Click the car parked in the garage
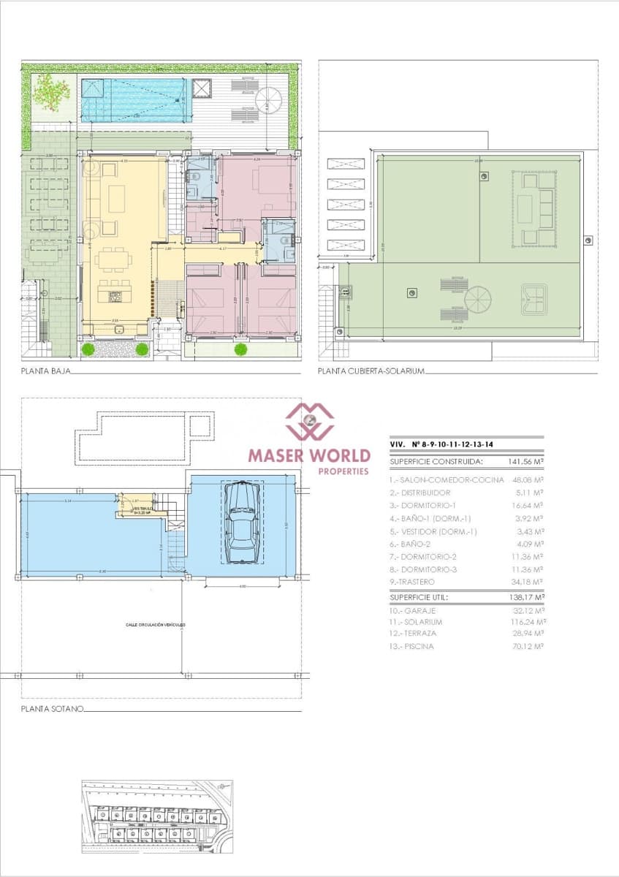click(x=242, y=523)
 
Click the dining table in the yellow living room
click(x=113, y=259)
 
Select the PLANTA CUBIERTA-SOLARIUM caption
click(x=371, y=372)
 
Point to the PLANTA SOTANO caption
click(x=52, y=709)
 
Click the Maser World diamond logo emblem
click(x=309, y=422)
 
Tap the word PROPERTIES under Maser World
click(x=343, y=472)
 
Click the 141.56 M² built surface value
click(x=525, y=462)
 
